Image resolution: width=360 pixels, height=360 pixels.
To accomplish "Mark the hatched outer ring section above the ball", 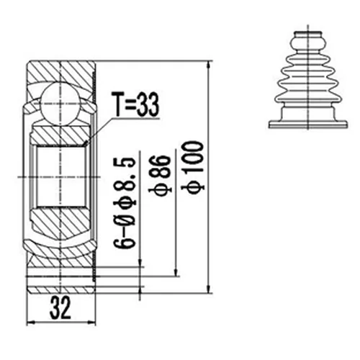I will [x=61, y=70].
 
